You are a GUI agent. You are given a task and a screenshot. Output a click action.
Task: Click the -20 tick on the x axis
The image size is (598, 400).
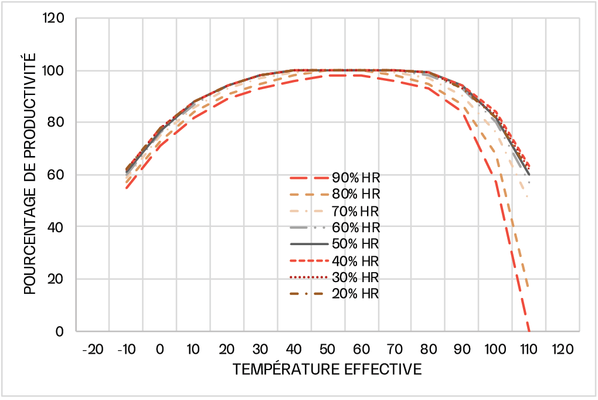92,350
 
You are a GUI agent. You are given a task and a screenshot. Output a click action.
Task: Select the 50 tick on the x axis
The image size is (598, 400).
328,350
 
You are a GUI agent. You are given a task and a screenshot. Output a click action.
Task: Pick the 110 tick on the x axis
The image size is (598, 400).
529,350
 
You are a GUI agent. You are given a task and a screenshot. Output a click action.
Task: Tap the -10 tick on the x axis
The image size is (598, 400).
126,350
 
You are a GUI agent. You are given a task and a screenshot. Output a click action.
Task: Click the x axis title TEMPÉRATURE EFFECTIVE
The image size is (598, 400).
327,370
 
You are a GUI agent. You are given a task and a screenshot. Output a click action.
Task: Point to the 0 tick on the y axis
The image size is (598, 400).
61,331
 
